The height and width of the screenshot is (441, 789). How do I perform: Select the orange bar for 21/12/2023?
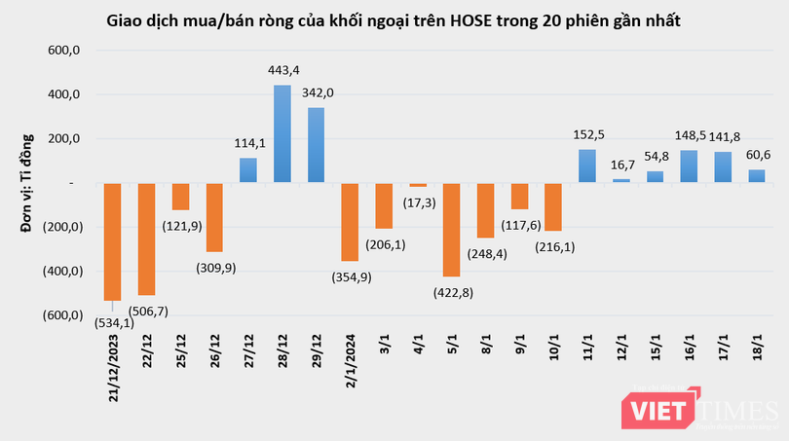click(112, 240)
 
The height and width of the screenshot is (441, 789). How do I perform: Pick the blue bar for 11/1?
click(586, 165)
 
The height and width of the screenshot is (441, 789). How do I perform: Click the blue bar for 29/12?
click(316, 144)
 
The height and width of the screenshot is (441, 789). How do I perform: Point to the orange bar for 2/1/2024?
click(349, 221)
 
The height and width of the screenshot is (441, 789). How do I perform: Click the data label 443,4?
click(282, 71)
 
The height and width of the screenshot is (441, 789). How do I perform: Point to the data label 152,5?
click(586, 134)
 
